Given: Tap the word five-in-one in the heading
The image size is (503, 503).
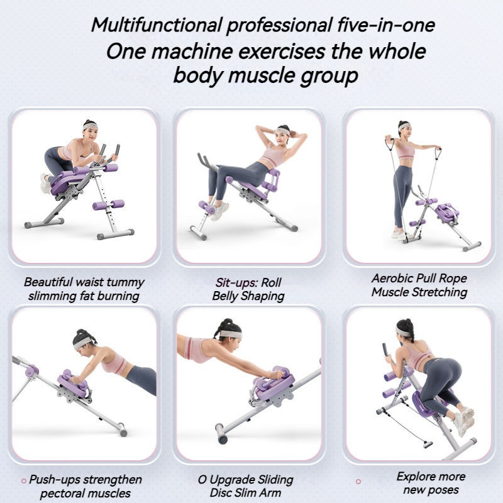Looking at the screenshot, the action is click(386, 25).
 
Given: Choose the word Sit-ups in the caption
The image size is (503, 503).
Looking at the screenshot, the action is click(236, 282).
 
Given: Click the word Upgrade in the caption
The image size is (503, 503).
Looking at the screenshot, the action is click(228, 480).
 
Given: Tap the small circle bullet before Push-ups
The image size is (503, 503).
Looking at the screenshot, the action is click(23, 481).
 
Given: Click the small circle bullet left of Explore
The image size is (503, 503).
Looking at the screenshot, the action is click(358, 481).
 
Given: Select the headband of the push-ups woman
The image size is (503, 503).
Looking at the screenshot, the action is click(83, 342).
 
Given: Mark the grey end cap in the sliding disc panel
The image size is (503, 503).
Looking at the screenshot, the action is click(221, 433).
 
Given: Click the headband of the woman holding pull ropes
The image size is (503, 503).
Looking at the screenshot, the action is click(404, 126).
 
